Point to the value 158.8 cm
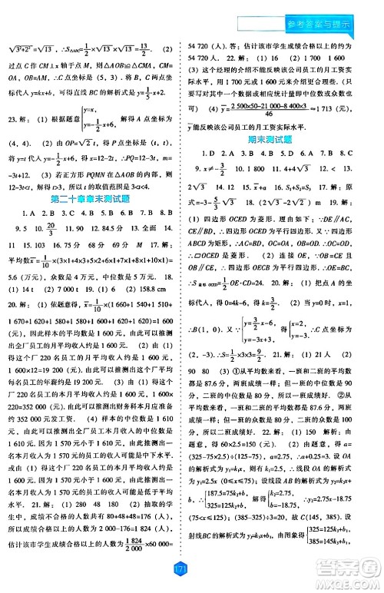147,290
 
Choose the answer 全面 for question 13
150,229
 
